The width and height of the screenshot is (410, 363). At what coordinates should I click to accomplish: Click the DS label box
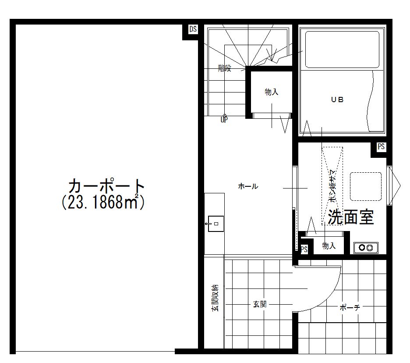tap(193, 29)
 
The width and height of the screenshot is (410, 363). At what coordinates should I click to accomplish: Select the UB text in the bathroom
tap(337, 100)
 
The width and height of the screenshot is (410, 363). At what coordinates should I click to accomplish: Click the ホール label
tap(248, 186)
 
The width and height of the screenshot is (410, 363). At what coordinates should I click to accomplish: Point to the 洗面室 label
tap(351, 217)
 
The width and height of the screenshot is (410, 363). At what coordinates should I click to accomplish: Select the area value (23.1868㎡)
tap(103, 202)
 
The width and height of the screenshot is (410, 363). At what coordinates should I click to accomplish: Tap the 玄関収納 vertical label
tap(215, 298)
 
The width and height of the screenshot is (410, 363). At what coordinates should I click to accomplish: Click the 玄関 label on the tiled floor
tap(260, 304)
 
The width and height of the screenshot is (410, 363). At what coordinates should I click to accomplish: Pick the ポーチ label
tap(350, 308)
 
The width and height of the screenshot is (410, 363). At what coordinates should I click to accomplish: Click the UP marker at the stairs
tap(224, 120)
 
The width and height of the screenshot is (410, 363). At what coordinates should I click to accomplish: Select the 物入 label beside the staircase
tap(271, 92)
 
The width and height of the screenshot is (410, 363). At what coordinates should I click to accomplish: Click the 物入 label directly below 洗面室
tap(329, 246)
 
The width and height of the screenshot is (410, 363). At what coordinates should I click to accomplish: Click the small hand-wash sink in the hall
tap(215, 224)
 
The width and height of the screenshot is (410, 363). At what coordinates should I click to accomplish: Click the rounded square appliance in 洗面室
tap(366, 187)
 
